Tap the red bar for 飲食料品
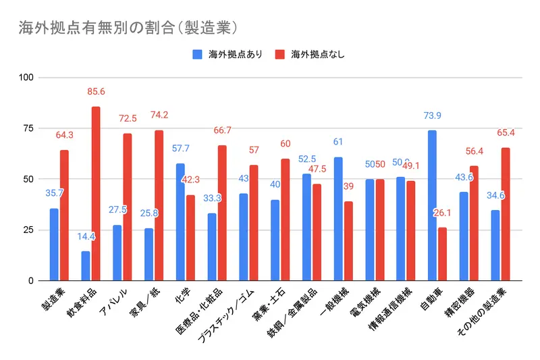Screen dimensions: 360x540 coord(96,193)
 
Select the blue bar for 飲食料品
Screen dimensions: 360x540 coord(86,265)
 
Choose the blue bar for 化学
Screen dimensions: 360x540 coord(180,222)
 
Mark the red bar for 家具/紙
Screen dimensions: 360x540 coord(159,205)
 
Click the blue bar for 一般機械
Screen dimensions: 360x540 coord(337,218)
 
